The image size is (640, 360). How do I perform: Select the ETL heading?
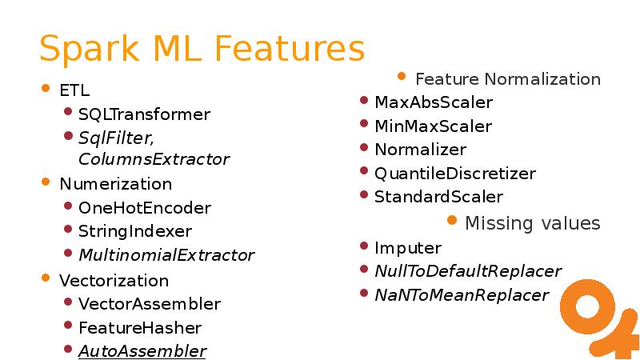coord(74,90)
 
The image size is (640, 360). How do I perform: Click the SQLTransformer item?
coord(144,114)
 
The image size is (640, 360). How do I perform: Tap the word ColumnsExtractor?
coord(154,159)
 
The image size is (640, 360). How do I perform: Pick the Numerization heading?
coord(115,184)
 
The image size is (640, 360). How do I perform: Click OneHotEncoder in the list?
coord(144,208)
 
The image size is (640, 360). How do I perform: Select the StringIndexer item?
coord(134,231)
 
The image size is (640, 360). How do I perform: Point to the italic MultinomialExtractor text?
coord(166,255)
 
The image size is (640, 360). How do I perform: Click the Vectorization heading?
coord(114,281)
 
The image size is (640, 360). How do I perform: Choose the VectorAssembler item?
coord(149,304)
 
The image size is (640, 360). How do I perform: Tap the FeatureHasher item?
coord(139,327)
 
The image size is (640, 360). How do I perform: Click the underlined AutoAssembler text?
coord(142,351)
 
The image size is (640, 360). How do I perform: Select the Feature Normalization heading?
coord(507,79)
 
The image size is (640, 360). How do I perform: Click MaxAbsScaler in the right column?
coord(433,102)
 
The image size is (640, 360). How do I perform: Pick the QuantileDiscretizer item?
coord(454,173)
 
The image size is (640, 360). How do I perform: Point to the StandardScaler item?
coord(438,197)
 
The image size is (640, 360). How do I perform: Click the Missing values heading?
coord(532,222)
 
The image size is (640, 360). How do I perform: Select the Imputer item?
coord(407,248)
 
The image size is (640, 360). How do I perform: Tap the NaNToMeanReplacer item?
coord(461,295)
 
